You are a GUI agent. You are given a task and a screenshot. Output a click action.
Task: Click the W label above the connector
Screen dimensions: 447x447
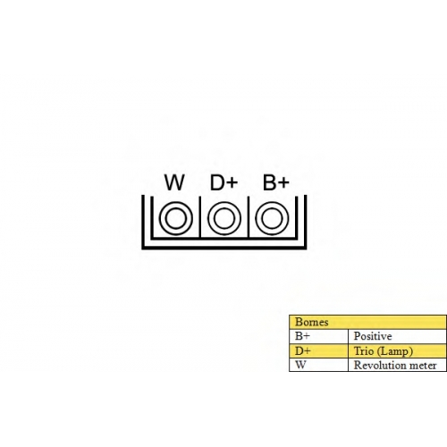[174, 182]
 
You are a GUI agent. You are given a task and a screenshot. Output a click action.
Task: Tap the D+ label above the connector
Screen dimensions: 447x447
[223, 182]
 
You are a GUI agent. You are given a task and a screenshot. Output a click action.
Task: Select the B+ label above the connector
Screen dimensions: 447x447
[276, 182]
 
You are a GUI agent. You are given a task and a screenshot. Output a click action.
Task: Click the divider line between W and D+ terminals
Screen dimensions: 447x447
[200, 217]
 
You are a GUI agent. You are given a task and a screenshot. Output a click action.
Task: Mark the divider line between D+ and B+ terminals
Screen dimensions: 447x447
[249, 217]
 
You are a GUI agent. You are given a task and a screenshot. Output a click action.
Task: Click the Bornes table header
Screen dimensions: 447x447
[312, 322]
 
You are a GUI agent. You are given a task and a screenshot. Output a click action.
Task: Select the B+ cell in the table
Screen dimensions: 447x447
[302, 336]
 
